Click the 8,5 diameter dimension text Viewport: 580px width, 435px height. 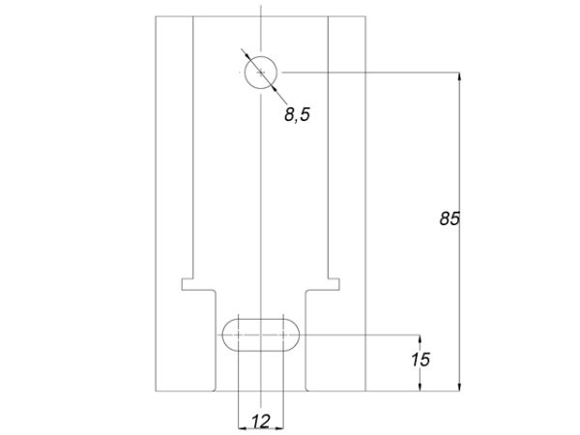click(297, 114)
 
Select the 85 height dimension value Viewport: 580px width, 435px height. click(449, 218)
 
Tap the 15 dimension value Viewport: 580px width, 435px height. click(420, 360)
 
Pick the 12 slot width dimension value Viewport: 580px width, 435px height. click(261, 421)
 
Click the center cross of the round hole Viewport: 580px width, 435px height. click(261, 72)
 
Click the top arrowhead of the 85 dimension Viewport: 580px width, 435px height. click(459, 76)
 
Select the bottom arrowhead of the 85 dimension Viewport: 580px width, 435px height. click(459, 387)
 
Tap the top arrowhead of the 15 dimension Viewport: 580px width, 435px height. click(420, 339)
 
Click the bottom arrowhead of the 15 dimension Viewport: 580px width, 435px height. click(420, 387)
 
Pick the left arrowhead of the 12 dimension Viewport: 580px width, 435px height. click(243, 428)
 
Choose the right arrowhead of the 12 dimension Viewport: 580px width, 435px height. click(279, 428)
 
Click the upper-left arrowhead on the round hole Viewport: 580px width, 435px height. click(247, 57)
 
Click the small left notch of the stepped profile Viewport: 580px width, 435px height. click(188, 284)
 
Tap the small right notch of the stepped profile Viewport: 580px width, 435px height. click(334, 284)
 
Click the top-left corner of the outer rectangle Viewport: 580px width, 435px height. click(156, 16)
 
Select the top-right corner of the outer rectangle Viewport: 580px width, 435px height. click(365, 16)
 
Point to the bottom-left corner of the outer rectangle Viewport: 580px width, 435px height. click(156, 391)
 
